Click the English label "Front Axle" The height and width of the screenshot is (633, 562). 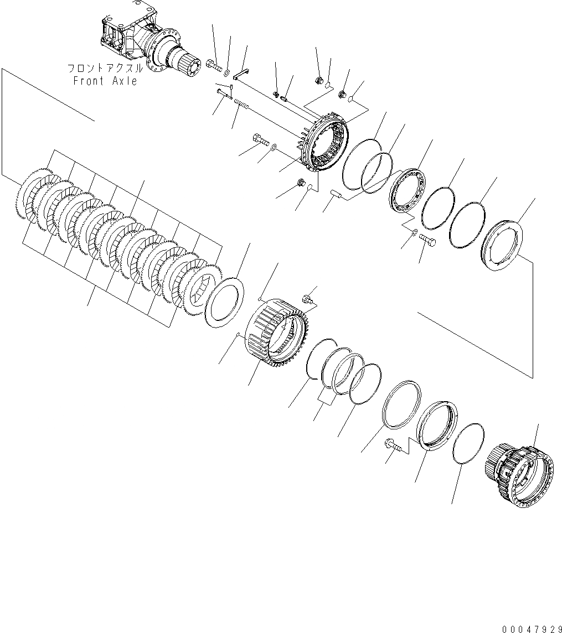pos(105,81)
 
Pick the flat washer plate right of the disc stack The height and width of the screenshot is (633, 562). pos(224,300)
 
